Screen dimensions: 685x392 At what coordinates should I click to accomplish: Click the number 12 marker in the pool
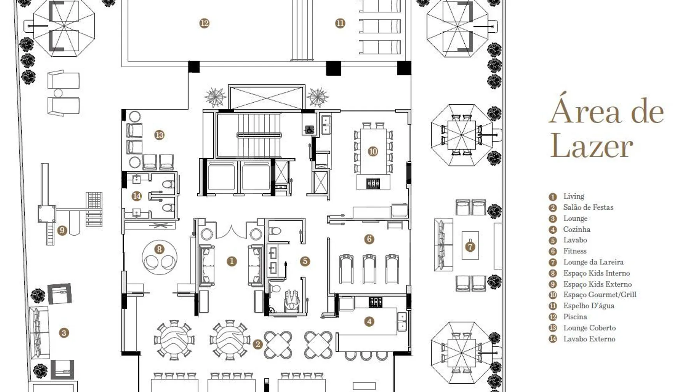point(204,23)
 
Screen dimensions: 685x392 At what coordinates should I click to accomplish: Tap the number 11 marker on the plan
point(340,23)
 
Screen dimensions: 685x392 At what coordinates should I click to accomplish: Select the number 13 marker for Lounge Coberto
point(159,135)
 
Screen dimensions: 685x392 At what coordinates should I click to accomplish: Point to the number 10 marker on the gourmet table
point(373,151)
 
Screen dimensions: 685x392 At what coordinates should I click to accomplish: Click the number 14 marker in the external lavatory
point(137,196)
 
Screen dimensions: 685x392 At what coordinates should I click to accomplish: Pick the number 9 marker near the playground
point(62,230)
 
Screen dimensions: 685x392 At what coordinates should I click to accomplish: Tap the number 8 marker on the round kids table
point(159,249)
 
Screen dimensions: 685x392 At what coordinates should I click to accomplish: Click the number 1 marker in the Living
point(232,261)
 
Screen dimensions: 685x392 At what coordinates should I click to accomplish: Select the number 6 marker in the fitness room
point(369,239)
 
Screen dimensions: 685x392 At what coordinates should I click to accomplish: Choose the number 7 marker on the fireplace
point(470,247)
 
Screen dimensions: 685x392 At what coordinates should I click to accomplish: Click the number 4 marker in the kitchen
point(369,322)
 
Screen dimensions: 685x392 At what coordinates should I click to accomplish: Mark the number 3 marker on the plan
point(64,333)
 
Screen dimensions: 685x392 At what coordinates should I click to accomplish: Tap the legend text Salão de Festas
point(588,207)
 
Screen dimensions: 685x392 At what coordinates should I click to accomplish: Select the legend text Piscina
point(575,317)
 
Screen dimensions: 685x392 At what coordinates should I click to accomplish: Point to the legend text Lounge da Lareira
point(593,262)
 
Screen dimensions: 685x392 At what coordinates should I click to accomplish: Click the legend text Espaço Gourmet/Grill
point(599,295)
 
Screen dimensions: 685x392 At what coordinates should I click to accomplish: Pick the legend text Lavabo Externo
point(589,339)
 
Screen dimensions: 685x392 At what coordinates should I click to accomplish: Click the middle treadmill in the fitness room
point(369,268)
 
